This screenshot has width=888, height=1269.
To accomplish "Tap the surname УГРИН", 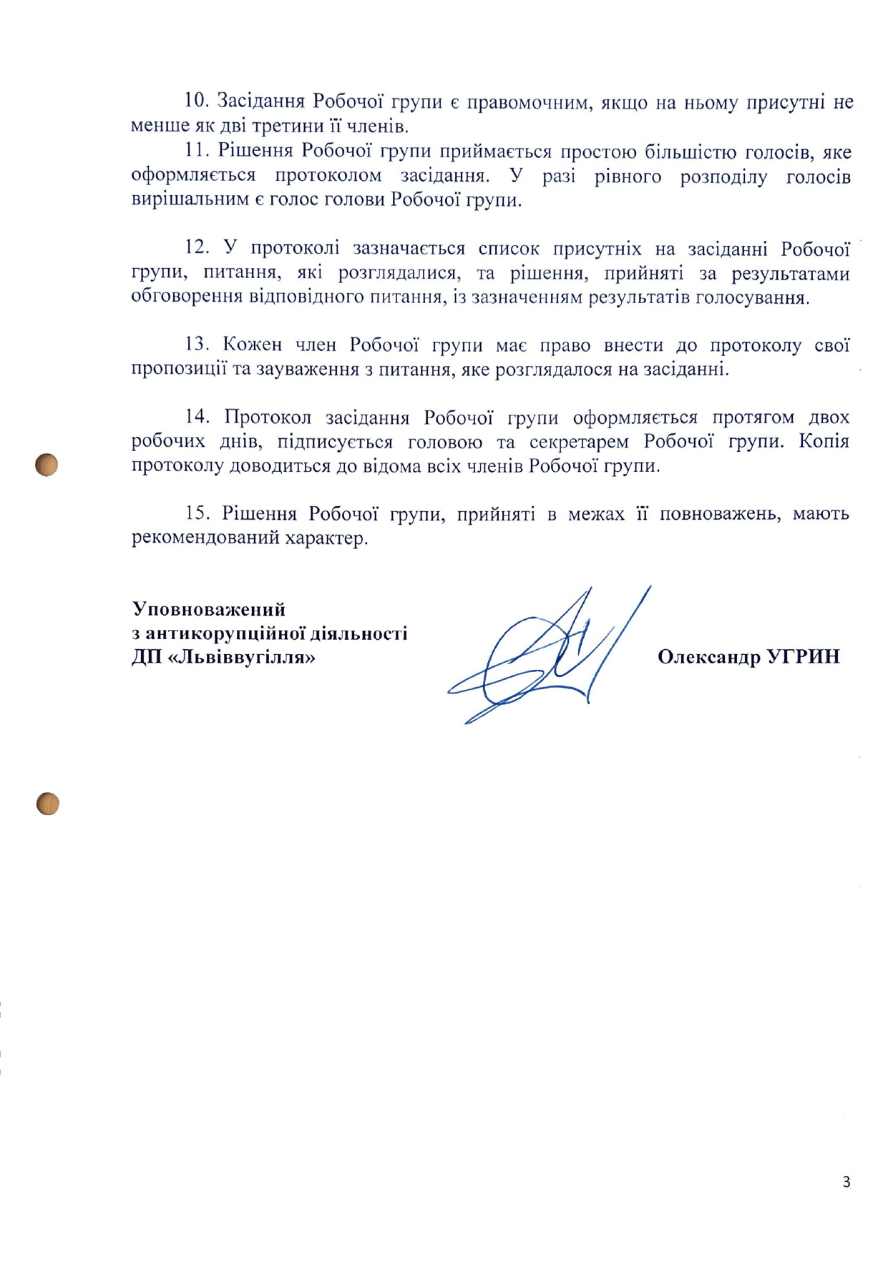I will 803,657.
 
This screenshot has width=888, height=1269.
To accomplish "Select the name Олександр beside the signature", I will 709,657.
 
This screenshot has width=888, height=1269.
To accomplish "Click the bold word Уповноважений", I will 209,609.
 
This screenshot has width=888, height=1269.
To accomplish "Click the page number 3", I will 846,1182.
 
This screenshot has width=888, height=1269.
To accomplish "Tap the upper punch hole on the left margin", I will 47,465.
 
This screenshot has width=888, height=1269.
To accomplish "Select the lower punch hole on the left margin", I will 47,804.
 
